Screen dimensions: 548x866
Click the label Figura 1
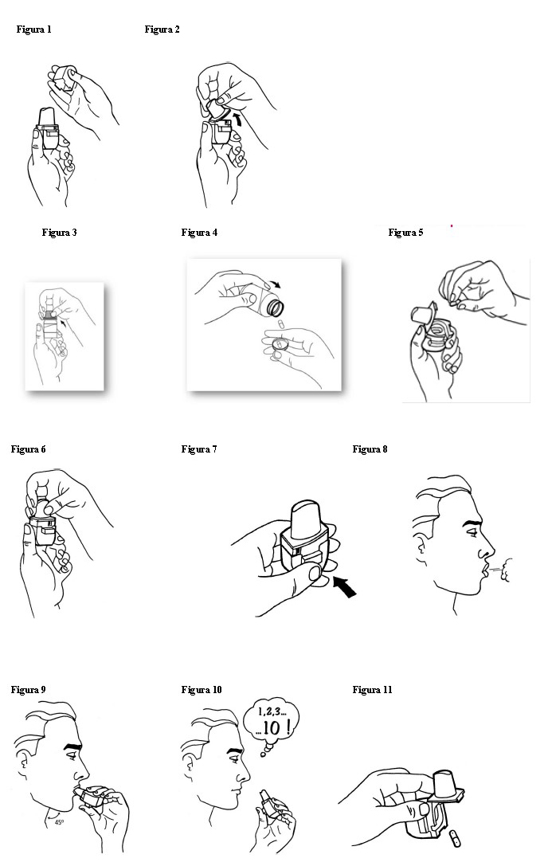tap(33, 29)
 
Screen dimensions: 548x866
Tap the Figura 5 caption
tap(405, 233)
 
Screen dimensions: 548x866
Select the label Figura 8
tap(370, 449)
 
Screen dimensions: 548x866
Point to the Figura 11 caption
tap(372, 690)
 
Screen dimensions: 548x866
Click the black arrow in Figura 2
tap(237, 118)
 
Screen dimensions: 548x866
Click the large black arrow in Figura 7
tap(345, 586)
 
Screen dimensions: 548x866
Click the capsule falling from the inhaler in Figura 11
tap(454, 839)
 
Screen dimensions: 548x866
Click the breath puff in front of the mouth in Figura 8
tap(503, 570)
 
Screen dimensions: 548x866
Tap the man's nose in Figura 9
tap(83, 771)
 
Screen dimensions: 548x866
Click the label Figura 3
tap(59, 233)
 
